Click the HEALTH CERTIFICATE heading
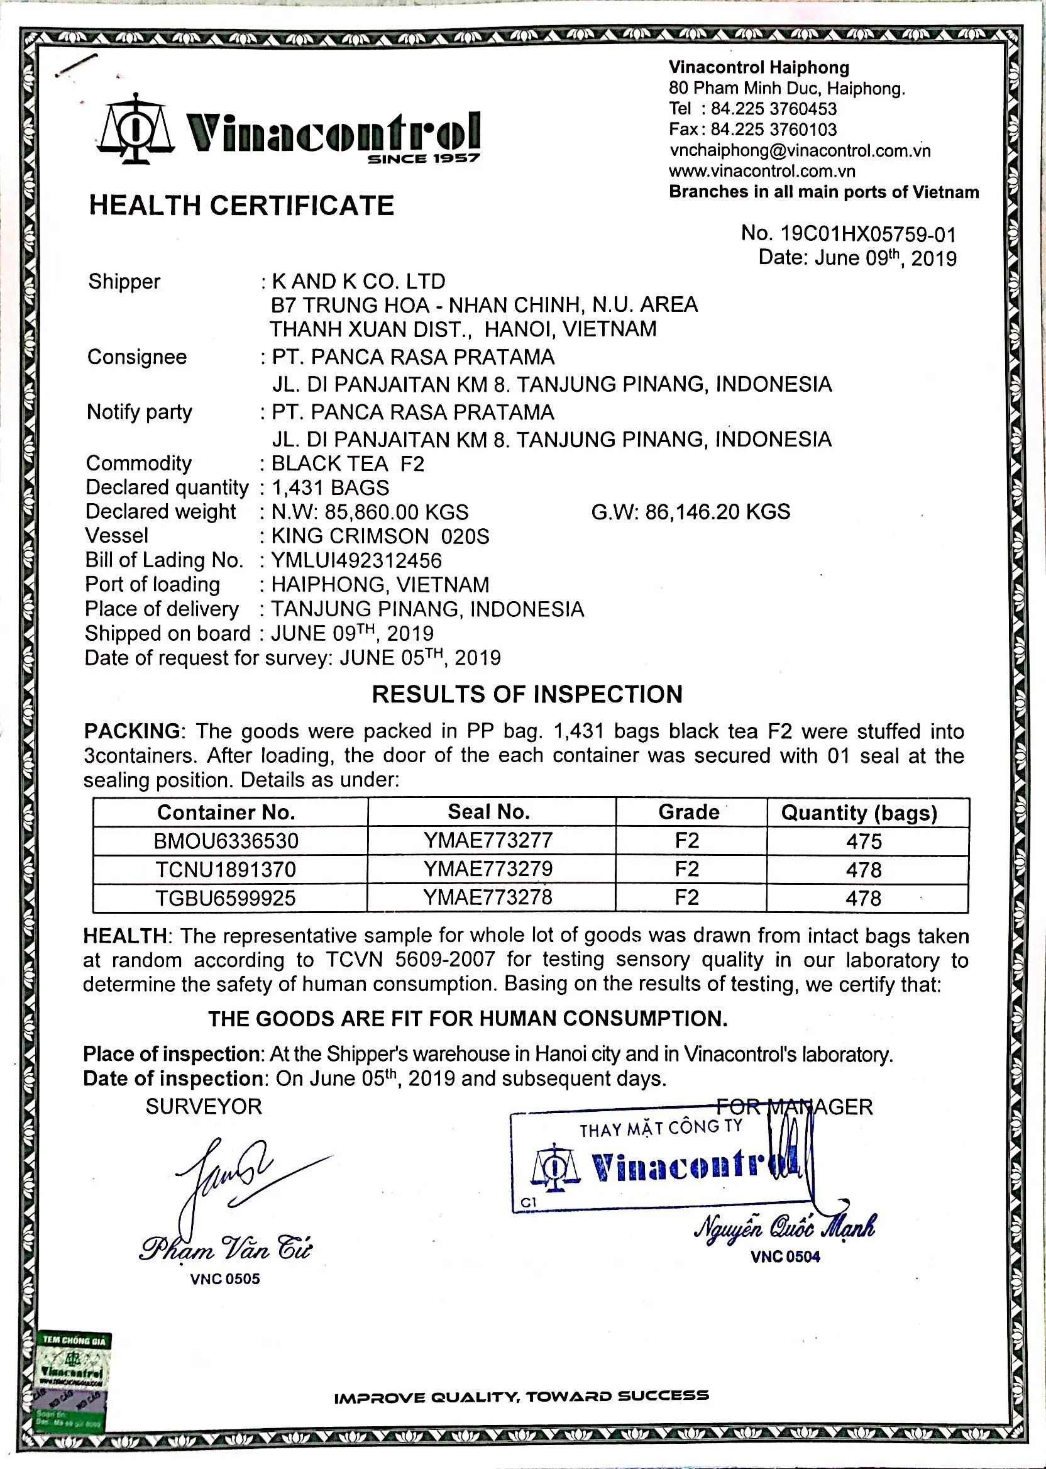(241, 206)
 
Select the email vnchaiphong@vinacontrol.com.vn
(800, 151)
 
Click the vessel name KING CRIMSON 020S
(380, 536)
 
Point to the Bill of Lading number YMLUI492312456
(357, 560)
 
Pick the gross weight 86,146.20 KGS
(690, 512)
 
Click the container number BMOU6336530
(226, 841)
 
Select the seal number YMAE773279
(488, 868)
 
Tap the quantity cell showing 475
(864, 841)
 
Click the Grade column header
(688, 812)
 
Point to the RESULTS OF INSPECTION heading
(527, 694)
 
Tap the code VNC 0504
(785, 1256)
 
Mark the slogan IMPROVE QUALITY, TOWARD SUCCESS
(522, 1396)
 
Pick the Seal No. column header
(488, 812)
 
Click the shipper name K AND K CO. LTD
(358, 281)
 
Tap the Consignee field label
(137, 357)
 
